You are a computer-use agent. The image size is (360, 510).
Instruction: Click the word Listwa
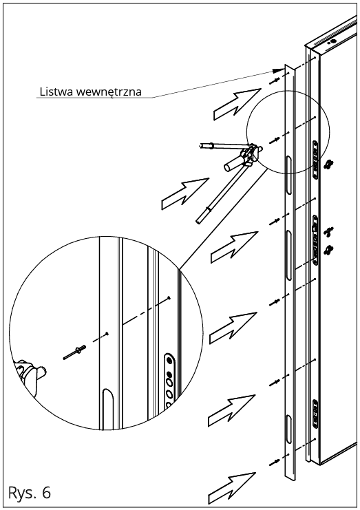[56, 92]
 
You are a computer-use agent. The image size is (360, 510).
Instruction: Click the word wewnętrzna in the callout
[109, 92]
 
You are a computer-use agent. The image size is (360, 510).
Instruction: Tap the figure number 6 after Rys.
[47, 493]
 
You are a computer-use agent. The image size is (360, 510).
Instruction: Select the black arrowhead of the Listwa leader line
[278, 70]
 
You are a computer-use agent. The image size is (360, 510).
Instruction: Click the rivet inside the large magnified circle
[75, 352]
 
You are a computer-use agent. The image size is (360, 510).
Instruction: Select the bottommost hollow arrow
[232, 488]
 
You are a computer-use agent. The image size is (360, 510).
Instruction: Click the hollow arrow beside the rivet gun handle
[185, 193]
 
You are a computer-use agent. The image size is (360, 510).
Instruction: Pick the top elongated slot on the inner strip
[289, 175]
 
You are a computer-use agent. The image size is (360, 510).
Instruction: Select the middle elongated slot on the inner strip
[288, 255]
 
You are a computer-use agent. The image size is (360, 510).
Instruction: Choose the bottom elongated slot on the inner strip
[288, 429]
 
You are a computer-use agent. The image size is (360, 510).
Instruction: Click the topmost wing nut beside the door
[328, 164]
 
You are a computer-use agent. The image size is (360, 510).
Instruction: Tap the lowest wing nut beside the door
[328, 250]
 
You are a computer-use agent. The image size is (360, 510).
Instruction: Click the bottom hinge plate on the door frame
[315, 414]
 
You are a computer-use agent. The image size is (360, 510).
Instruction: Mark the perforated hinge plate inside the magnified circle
[170, 381]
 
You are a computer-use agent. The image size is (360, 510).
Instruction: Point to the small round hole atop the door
[332, 41]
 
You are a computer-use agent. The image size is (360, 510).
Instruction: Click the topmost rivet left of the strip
[275, 81]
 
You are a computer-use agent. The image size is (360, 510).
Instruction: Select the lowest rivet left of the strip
[275, 462]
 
